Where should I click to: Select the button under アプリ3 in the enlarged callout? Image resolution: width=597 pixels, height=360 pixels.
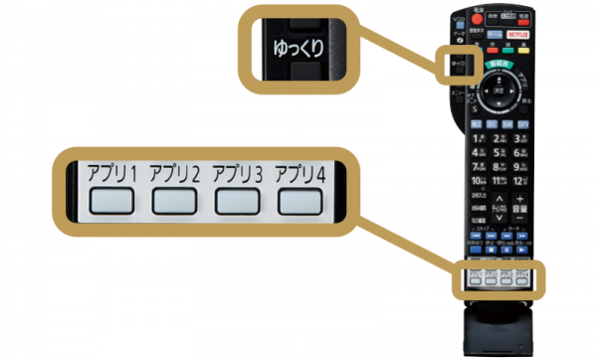point(237,200)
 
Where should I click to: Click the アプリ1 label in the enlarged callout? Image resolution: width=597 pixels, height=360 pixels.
point(111,171)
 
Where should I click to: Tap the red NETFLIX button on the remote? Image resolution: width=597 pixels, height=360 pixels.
point(516,33)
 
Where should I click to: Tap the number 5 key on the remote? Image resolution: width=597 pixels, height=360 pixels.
point(497,152)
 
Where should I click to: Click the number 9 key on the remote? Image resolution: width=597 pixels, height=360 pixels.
point(518,167)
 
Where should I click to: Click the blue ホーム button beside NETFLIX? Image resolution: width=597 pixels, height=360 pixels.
point(496,33)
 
